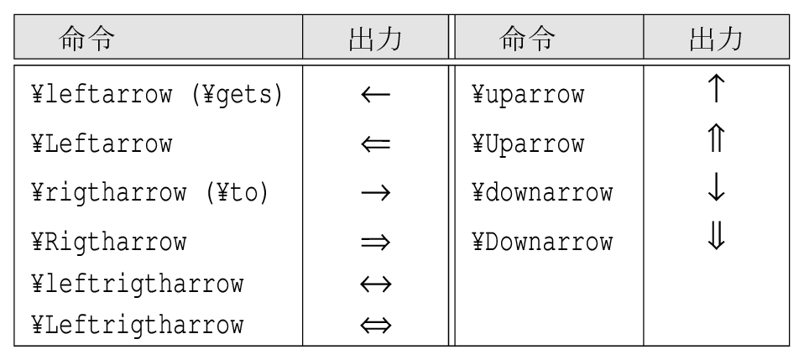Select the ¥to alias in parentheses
(x=237, y=193)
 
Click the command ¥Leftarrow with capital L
(x=102, y=143)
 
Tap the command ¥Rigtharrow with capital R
(x=109, y=242)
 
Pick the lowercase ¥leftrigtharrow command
(x=137, y=284)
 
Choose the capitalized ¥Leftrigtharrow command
(x=137, y=325)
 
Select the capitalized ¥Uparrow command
(x=528, y=144)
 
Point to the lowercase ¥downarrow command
(x=542, y=193)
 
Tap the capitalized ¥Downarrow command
(x=542, y=242)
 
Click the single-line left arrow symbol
(x=376, y=94)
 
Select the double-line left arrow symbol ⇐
(x=376, y=143)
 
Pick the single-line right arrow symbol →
(x=376, y=193)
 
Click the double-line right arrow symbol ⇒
(x=376, y=242)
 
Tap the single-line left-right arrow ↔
(x=376, y=284)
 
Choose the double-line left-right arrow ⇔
(x=376, y=325)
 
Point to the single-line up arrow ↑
(x=717, y=87)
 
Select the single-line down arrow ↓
(x=717, y=186)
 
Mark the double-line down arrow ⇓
(x=717, y=235)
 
